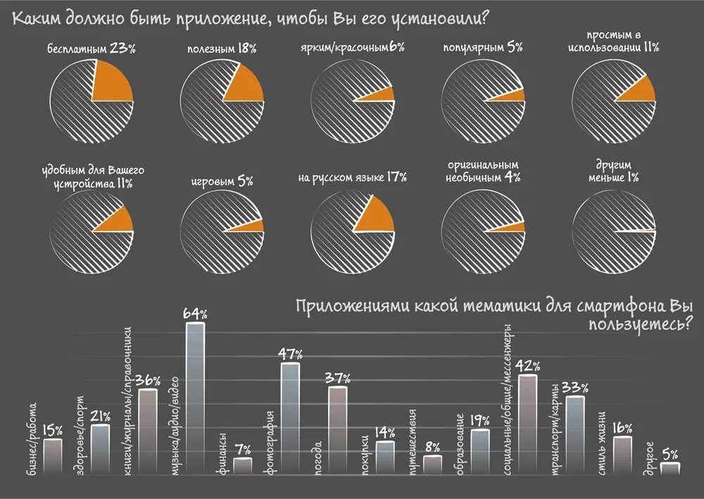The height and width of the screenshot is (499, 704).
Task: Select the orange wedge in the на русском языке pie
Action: click(x=376, y=215)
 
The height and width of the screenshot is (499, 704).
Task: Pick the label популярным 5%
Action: click(x=482, y=48)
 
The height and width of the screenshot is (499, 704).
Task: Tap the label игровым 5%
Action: click(x=222, y=181)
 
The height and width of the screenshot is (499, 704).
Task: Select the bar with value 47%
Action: click(x=290, y=419)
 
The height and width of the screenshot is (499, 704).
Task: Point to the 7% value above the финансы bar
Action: click(x=243, y=448)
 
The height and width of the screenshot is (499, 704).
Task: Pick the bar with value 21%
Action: click(x=101, y=450)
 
